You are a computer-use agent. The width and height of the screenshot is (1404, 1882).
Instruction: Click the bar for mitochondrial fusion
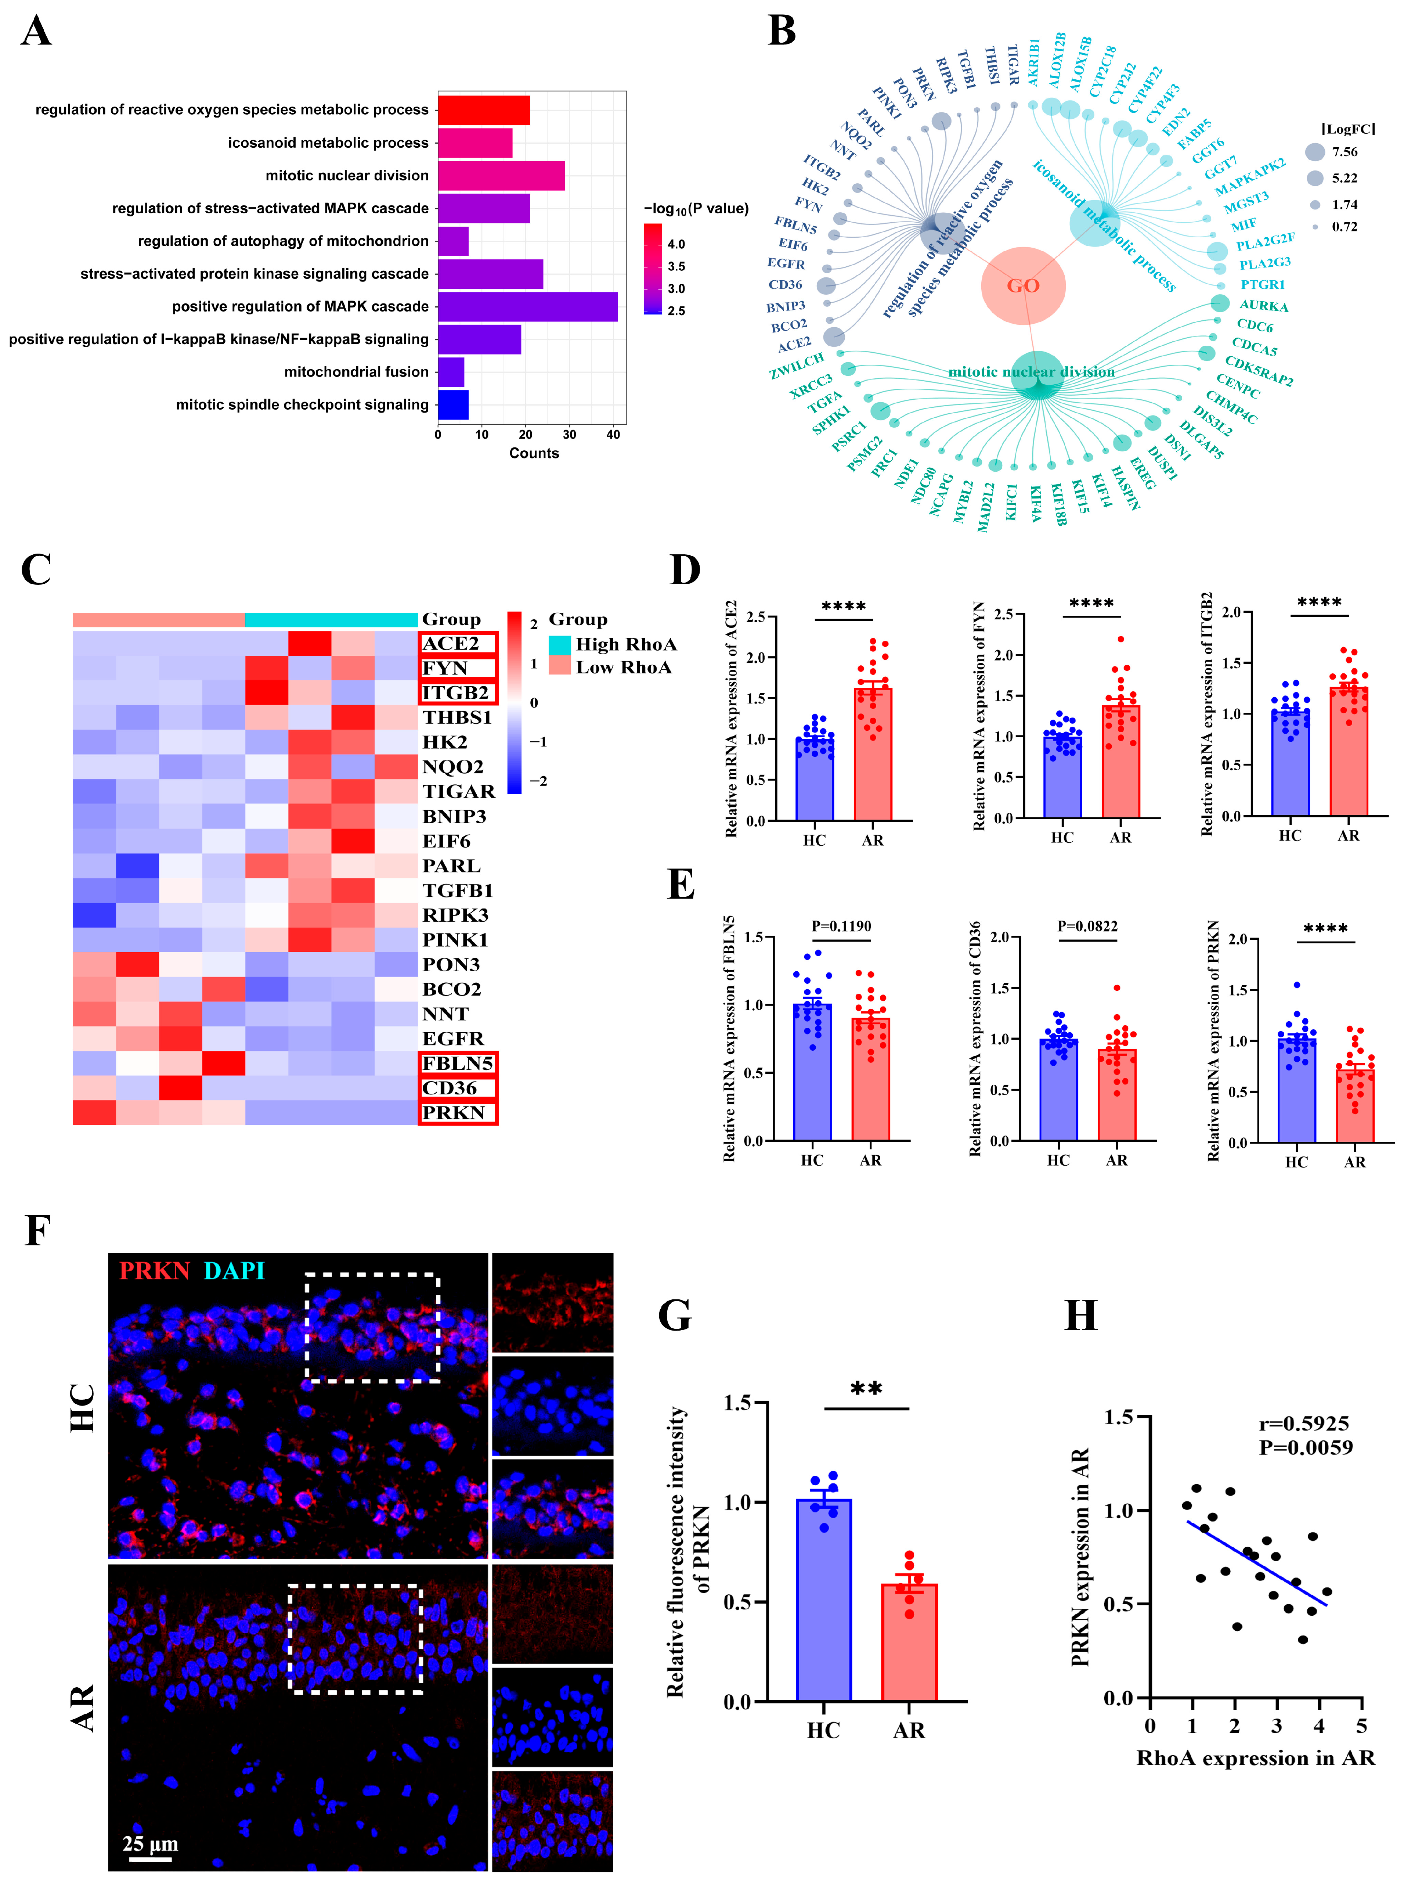coord(451,371)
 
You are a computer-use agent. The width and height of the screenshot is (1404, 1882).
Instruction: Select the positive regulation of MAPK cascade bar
coord(527,306)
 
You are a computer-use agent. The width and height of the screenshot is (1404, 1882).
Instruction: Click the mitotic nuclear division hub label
coord(1031,371)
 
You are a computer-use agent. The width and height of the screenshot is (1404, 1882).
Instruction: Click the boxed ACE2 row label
coord(457,644)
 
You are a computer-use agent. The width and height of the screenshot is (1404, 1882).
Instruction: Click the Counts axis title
coord(534,453)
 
